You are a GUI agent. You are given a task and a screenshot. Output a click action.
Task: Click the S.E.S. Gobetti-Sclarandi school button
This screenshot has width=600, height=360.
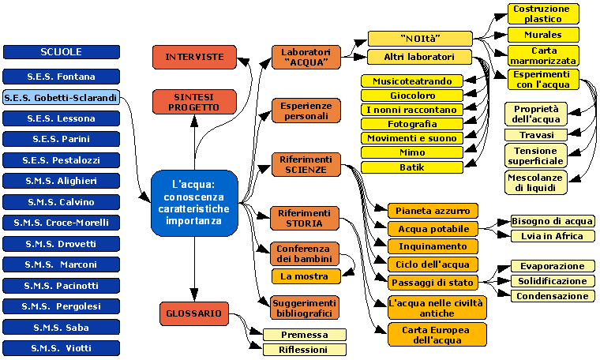[61, 98]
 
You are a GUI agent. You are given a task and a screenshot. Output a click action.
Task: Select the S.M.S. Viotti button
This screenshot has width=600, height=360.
[61, 347]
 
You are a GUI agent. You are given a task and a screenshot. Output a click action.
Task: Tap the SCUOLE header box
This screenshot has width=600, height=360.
[61, 52]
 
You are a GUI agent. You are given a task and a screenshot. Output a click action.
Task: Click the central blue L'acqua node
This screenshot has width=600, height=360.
[193, 203]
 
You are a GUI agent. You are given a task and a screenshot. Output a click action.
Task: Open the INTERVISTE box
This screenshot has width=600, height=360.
[194, 57]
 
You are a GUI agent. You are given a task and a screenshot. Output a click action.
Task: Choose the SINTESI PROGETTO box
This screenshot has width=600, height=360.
[194, 102]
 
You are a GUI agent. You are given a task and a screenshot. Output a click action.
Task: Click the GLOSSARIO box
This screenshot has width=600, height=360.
[194, 313]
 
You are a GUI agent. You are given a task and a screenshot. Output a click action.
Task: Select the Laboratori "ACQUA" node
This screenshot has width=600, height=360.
[306, 58]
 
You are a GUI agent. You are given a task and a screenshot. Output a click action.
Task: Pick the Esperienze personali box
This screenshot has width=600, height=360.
[306, 111]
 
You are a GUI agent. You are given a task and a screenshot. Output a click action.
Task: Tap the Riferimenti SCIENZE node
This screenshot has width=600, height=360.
[306, 164]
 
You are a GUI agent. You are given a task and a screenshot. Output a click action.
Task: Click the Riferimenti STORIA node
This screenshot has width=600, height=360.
[306, 218]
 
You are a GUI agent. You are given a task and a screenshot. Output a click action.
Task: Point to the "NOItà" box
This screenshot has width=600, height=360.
[419, 39]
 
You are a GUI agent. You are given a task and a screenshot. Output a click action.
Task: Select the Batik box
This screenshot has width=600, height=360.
[411, 167]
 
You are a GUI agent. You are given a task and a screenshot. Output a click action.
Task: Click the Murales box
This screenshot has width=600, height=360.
[542, 35]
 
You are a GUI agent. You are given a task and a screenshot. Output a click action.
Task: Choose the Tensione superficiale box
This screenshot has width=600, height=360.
[536, 156]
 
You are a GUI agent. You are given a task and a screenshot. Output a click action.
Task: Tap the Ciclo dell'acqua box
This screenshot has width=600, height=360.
[433, 264]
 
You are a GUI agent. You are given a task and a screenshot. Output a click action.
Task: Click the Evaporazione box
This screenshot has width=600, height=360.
[552, 266]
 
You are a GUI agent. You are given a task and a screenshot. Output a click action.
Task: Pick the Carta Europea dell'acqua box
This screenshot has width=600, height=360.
[437, 335]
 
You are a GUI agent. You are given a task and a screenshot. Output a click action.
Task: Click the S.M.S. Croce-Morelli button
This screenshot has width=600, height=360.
[61, 223]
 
